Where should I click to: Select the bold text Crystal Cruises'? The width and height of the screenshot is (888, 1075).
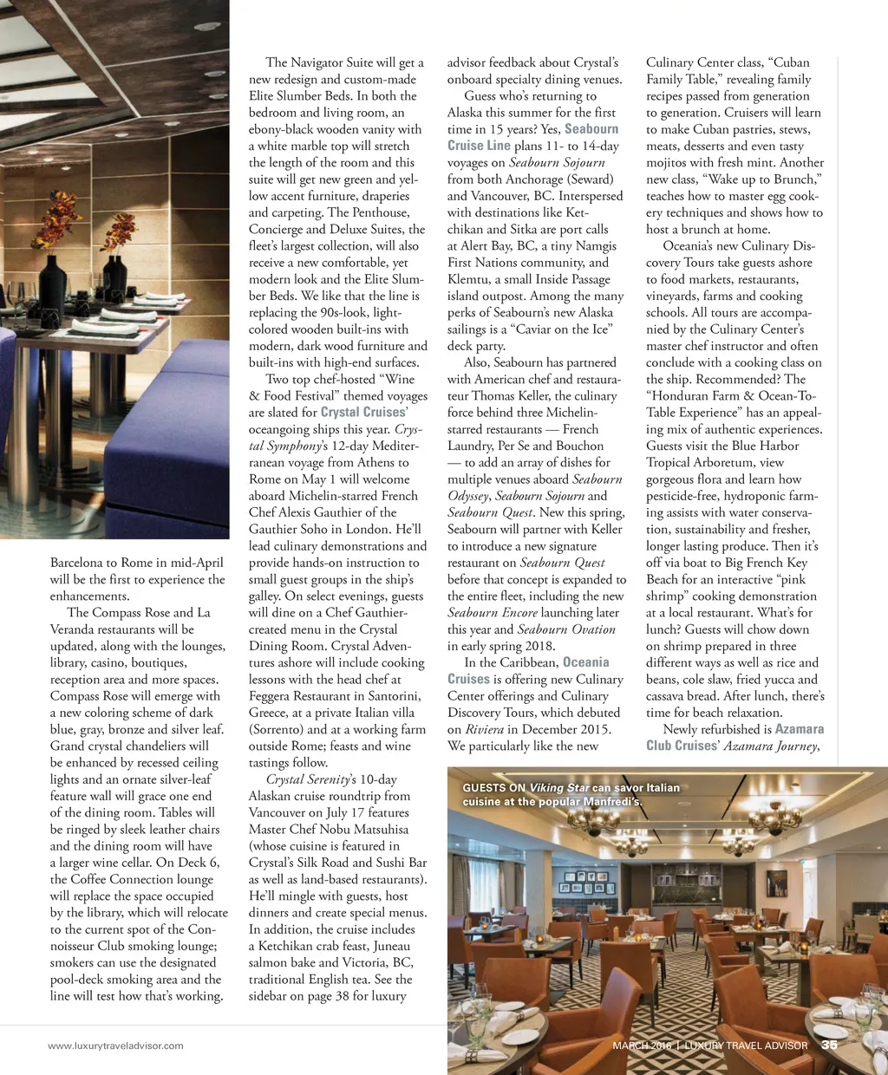coord(363,413)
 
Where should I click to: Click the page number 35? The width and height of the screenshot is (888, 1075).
coord(829,1046)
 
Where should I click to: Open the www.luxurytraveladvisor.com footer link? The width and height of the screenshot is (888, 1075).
coord(115,1046)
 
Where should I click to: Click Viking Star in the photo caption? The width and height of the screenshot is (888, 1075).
coord(559,788)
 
